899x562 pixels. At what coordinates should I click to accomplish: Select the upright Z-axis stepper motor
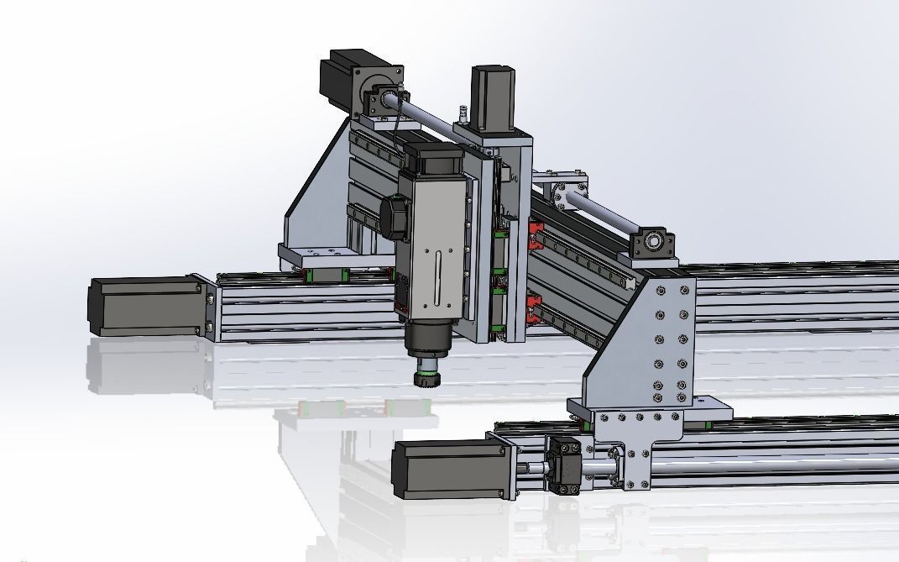tap(493, 97)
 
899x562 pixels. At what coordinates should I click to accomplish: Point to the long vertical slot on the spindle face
tap(438, 278)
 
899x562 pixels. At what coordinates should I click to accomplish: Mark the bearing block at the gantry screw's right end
tap(653, 243)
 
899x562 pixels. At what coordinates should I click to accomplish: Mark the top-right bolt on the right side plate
tap(684, 291)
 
